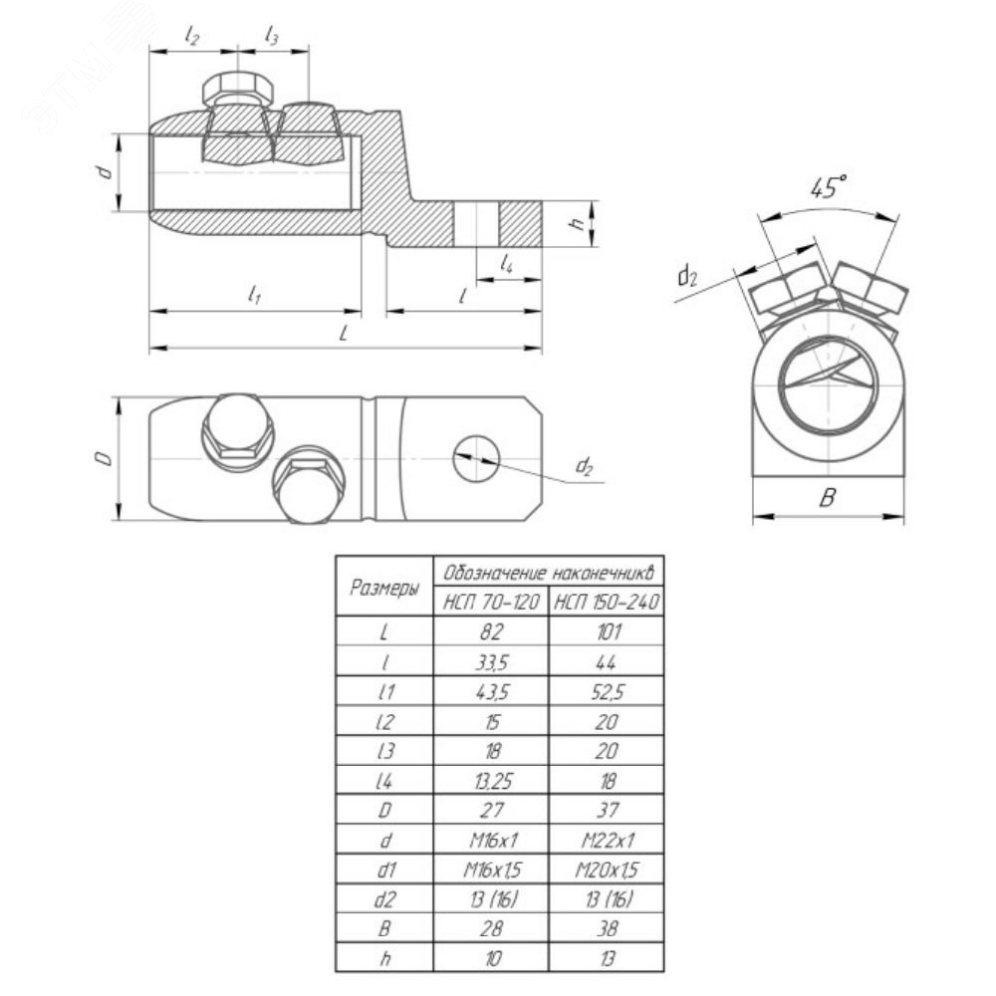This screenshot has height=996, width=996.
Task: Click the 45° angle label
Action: (x=828, y=187)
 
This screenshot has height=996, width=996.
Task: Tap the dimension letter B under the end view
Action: (x=827, y=497)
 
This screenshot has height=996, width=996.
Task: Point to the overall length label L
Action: (x=344, y=333)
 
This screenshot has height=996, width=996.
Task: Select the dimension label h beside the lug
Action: (x=577, y=223)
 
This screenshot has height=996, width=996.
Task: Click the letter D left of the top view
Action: (x=106, y=458)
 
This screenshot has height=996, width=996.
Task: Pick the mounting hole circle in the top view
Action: (x=476, y=458)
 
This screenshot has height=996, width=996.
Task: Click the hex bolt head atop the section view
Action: (x=238, y=88)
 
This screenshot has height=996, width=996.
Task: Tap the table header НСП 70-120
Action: (x=491, y=602)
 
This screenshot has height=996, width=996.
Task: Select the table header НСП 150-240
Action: (x=607, y=602)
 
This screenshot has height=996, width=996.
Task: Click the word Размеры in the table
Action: (x=384, y=588)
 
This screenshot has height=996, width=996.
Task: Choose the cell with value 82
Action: (x=491, y=631)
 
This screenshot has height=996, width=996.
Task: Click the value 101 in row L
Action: (x=607, y=631)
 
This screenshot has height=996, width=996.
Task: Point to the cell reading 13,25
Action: (x=491, y=781)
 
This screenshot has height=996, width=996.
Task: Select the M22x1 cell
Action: (x=608, y=841)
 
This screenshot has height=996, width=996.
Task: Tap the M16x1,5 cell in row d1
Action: (x=491, y=870)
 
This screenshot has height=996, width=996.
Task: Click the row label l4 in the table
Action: (x=384, y=781)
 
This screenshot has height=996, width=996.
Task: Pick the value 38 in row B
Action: (x=607, y=929)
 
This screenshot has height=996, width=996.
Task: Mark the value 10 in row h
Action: (x=492, y=959)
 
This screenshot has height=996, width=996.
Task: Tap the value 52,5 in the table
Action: (x=607, y=692)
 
